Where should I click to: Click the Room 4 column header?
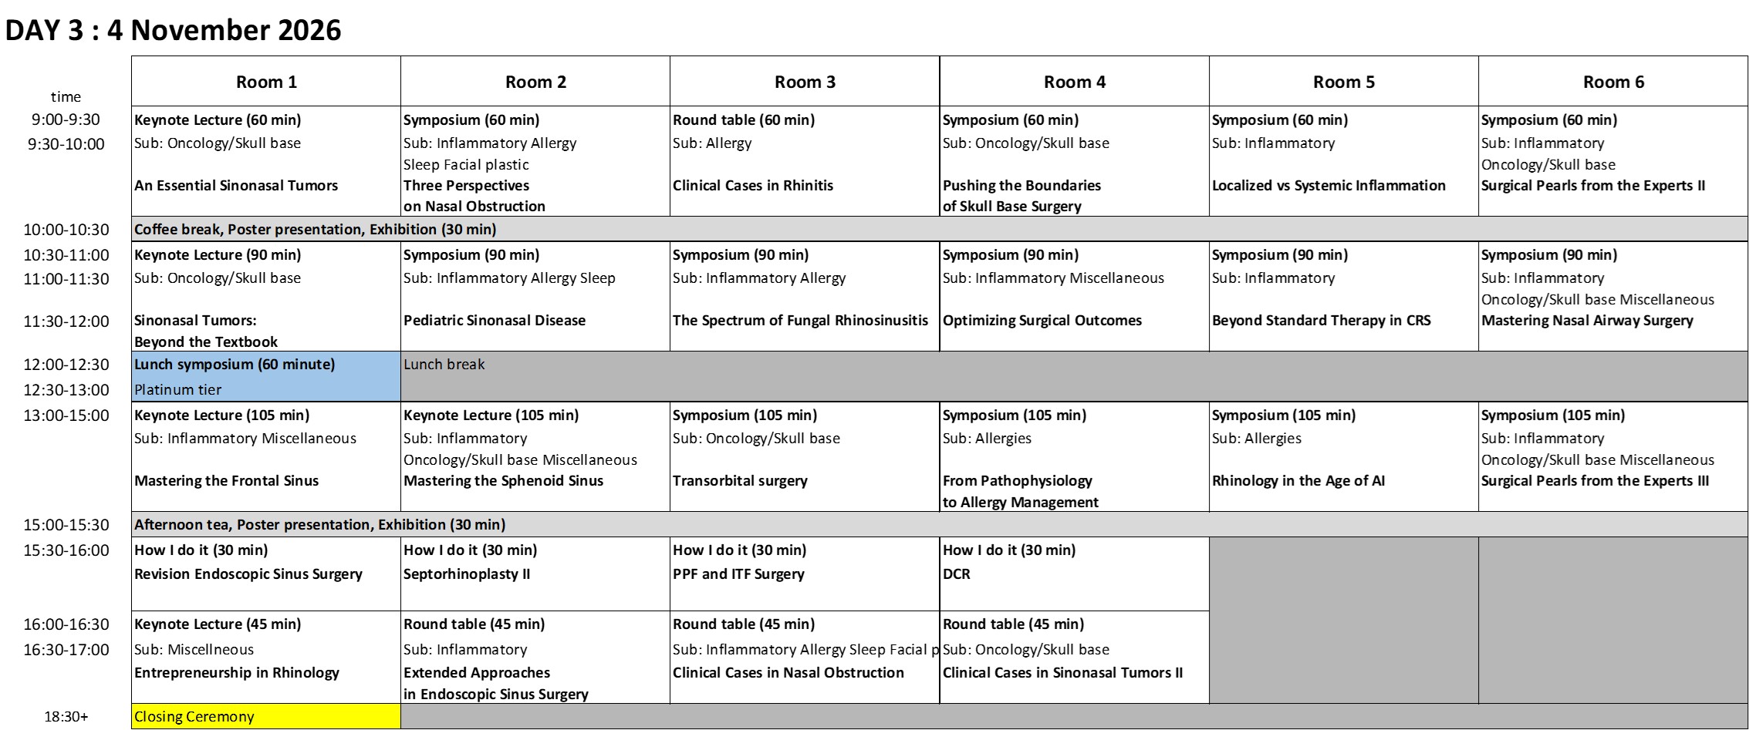1074,82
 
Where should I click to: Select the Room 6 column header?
1613,82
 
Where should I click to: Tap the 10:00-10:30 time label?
66,230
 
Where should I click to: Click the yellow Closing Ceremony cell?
194,717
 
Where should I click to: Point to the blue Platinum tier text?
178,390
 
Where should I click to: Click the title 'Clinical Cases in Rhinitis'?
753,186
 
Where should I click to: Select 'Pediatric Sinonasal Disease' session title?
495,321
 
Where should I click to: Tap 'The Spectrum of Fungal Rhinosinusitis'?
800,321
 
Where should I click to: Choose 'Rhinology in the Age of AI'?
1298,481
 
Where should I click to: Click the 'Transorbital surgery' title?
740,481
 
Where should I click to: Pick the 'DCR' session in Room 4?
957,574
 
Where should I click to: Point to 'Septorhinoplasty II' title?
467,574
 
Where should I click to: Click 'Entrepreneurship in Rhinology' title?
237,673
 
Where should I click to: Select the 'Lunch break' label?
444,365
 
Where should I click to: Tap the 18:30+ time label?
66,717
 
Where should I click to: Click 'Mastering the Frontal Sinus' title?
227,481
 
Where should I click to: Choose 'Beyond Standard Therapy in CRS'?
1321,321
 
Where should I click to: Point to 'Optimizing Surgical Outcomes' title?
1042,321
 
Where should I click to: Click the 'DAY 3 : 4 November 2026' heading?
173,30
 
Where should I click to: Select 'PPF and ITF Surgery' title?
738,574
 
